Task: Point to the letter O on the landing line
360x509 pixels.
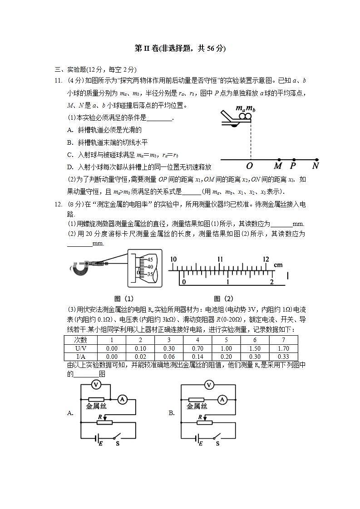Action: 249,166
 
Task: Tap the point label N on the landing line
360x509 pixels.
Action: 316,166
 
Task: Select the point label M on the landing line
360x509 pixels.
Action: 278,166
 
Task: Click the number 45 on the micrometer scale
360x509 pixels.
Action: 150,259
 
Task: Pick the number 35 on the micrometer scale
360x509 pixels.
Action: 150,274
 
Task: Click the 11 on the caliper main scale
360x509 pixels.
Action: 220,259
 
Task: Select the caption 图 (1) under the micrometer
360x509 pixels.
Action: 124,299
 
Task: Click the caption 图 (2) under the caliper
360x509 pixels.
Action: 223,299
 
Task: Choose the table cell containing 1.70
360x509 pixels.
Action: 283,348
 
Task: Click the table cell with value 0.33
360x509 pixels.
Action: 283,357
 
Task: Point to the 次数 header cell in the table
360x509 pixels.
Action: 81,340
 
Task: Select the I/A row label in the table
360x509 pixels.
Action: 81,357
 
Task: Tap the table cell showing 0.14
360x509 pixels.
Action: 197,357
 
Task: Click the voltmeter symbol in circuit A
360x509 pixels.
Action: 96,385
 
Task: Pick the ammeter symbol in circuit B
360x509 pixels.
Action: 222,399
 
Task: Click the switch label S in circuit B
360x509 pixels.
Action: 217,443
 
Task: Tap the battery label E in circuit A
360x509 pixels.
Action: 100,443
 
